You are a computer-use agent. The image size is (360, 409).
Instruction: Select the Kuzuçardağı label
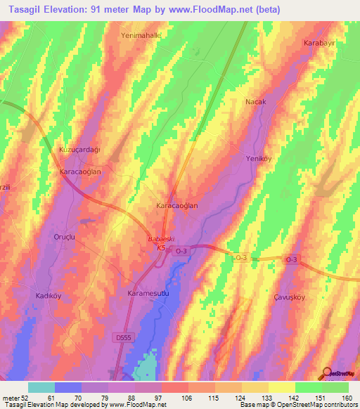[x=79, y=150]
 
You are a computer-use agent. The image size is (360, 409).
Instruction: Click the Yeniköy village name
[x=258, y=158]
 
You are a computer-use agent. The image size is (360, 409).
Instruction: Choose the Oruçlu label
[x=65, y=238]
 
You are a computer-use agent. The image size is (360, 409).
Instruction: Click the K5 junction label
[x=161, y=247]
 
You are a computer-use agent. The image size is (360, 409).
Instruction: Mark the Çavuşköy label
[x=288, y=297]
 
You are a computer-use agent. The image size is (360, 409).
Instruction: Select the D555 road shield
[x=123, y=338]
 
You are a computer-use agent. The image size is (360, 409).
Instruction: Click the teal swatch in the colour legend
[x=41, y=387]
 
